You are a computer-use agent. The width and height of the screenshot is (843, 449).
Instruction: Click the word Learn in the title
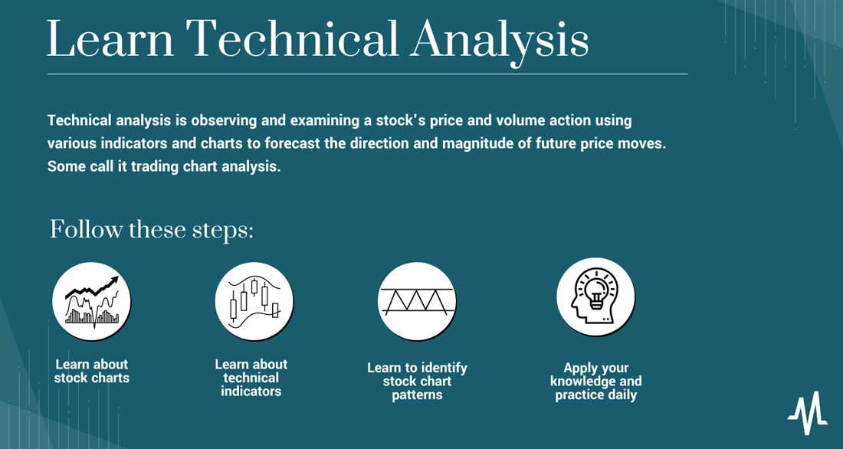pyautogui.click(x=110, y=39)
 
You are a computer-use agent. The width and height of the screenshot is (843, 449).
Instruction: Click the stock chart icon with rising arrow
pyautogui.click(x=91, y=301)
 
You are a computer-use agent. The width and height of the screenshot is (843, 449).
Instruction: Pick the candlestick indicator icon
pyautogui.click(x=254, y=301)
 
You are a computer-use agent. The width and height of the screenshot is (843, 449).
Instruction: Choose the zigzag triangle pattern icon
pyautogui.click(x=417, y=301)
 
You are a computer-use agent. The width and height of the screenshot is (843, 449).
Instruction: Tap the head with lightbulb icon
pyautogui.click(x=595, y=297)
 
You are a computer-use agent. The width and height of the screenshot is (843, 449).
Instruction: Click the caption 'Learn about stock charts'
pyautogui.click(x=92, y=371)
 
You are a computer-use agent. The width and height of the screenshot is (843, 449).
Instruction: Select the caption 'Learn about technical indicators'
pyautogui.click(x=251, y=378)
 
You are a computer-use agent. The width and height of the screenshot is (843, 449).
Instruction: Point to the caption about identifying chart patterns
pyautogui.click(x=417, y=382)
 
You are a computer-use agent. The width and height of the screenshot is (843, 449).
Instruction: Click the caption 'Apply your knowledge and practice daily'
pyautogui.click(x=595, y=382)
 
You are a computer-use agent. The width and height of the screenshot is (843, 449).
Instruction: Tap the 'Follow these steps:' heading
pyautogui.click(x=151, y=230)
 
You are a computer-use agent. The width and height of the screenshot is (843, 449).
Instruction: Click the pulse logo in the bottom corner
pyautogui.click(x=808, y=413)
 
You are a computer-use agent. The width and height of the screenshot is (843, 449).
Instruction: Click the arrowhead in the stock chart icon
pyautogui.click(x=113, y=280)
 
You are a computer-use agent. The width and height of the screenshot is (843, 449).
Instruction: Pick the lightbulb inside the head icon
pyautogui.click(x=595, y=292)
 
